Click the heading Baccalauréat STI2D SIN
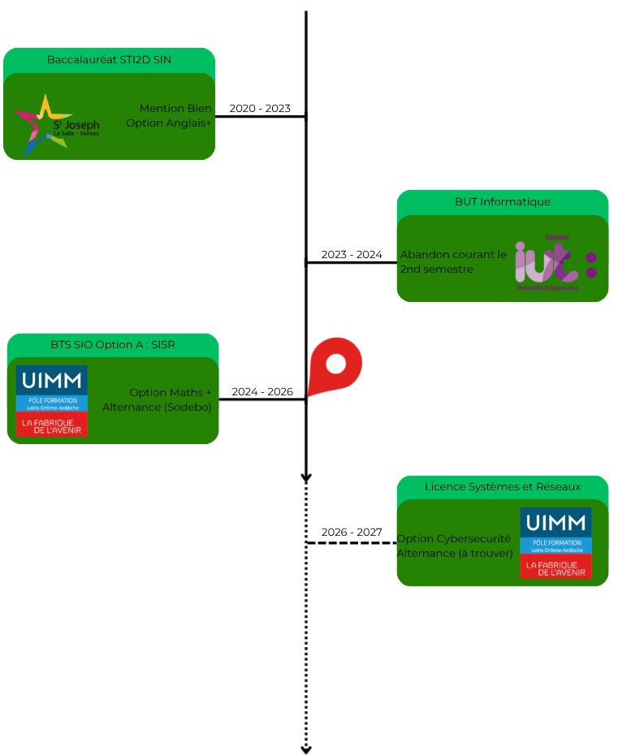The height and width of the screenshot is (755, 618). (109, 60)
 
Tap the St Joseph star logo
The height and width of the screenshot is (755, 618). (55, 123)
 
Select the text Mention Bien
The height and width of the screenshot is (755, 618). (175, 108)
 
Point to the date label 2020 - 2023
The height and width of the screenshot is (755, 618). (260, 108)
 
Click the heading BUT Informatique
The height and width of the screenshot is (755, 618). (503, 202)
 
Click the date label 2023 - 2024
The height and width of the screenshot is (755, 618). (352, 254)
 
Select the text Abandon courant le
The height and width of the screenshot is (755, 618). (453, 254)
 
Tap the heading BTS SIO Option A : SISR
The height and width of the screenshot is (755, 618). (113, 345)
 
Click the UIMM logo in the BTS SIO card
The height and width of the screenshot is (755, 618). (52, 400)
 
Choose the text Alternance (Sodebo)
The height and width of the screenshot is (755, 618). (157, 407)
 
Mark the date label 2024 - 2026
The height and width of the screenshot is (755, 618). (262, 391)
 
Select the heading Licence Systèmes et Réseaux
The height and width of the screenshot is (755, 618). (503, 487)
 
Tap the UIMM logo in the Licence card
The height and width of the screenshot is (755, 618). (555, 543)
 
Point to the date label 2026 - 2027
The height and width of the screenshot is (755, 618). (352, 532)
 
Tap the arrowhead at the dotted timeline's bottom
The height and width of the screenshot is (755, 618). (306, 749)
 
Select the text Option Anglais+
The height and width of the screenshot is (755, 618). (169, 123)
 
